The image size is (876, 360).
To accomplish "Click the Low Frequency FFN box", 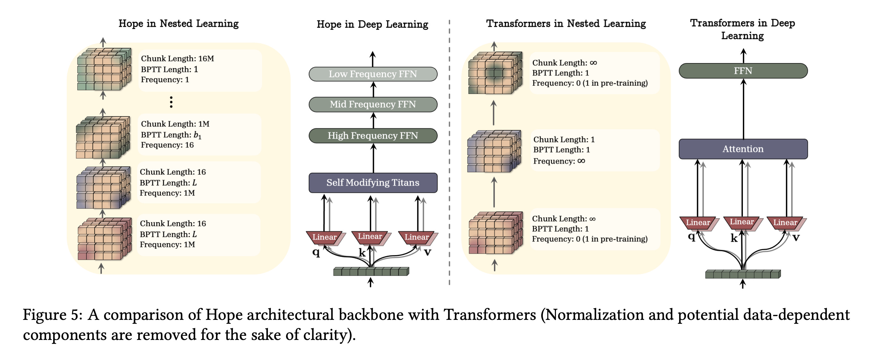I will [x=373, y=74].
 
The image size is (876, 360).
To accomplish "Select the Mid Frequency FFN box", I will [x=373, y=104].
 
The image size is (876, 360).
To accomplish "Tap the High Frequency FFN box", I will [x=373, y=136].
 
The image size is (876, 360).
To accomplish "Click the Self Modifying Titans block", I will [x=373, y=183].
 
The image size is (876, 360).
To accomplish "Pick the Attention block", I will [x=743, y=149].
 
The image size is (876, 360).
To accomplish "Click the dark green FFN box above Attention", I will [x=743, y=71].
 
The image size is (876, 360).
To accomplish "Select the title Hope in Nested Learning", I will [x=178, y=24].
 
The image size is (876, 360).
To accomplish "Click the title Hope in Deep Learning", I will [x=372, y=24].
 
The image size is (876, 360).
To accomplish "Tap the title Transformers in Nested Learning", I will [x=566, y=24].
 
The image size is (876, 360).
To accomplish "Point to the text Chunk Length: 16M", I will [x=177, y=59].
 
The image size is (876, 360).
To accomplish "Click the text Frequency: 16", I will [x=167, y=145].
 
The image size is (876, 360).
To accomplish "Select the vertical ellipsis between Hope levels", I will [x=171, y=102].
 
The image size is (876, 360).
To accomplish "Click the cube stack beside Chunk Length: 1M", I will [x=103, y=137].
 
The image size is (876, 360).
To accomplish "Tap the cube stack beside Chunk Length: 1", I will [x=494, y=151].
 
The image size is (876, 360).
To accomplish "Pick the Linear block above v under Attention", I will [x=785, y=223].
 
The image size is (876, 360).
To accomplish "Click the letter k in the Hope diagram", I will [x=362, y=253].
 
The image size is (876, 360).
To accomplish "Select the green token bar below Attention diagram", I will [x=743, y=274].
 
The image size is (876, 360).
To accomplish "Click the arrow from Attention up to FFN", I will [x=743, y=109].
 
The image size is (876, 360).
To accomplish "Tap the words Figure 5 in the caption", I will [x=52, y=315].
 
